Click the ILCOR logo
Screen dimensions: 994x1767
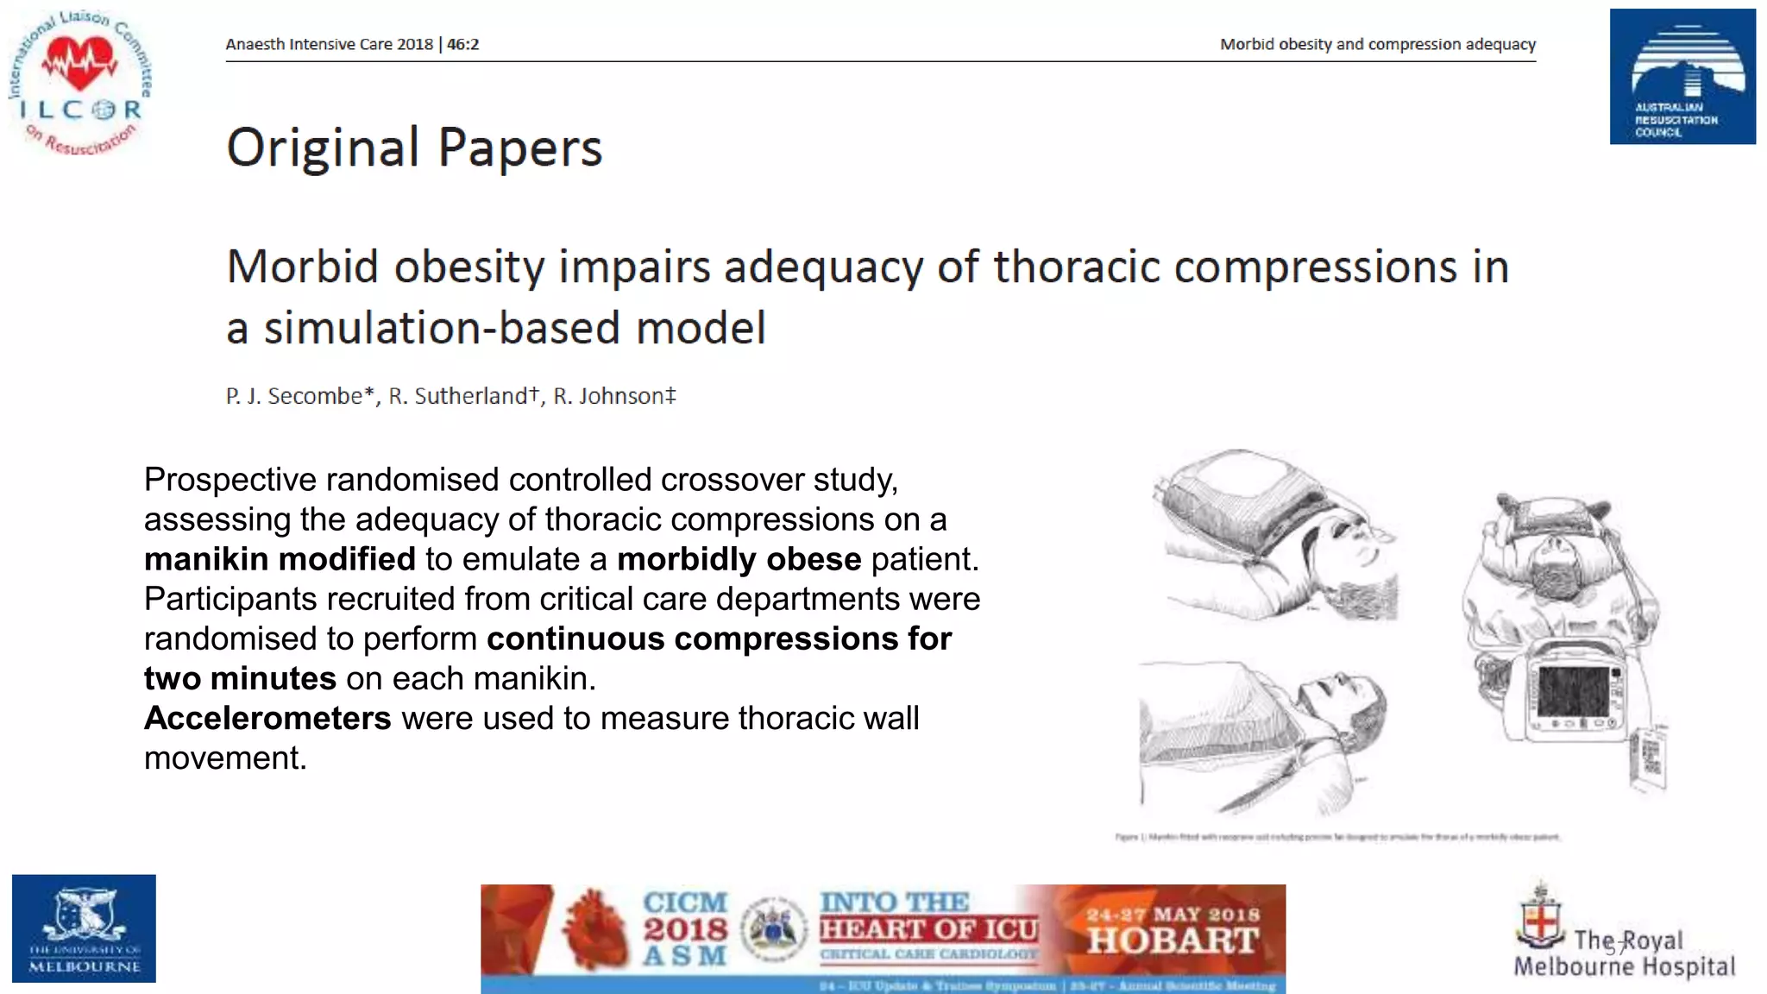tap(81, 84)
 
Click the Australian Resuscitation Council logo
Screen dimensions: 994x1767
tap(1682, 77)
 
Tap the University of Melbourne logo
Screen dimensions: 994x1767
tap(84, 928)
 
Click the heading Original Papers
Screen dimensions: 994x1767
tap(414, 148)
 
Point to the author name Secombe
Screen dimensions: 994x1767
tap(314, 396)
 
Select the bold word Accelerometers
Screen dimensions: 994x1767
tap(267, 718)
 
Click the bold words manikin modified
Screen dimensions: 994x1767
tap(280, 559)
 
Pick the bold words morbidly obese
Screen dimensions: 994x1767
tap(739, 559)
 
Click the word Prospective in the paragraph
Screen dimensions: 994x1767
tap(230, 480)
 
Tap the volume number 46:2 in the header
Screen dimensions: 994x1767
tap(462, 44)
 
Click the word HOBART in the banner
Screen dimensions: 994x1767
tap(1173, 941)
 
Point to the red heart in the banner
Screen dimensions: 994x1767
tap(594, 929)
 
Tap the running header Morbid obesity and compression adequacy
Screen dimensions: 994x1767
tap(1377, 44)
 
